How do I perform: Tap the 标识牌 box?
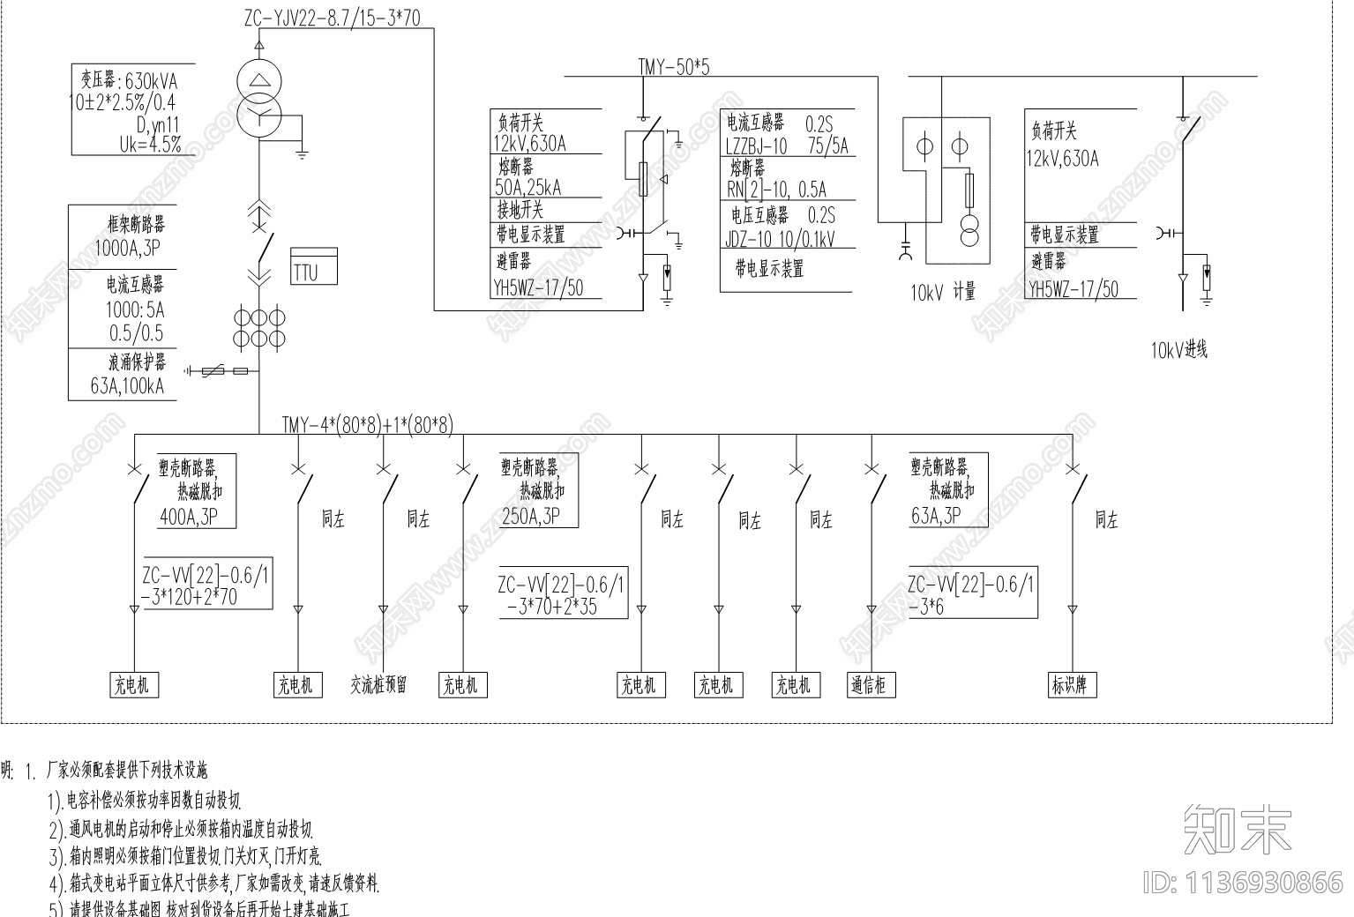(1071, 685)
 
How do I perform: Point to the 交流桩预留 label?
(379, 685)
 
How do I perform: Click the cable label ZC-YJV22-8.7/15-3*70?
(333, 18)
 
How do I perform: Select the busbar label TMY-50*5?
(674, 66)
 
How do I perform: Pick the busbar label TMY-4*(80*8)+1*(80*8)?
(367, 425)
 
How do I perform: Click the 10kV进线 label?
(1178, 349)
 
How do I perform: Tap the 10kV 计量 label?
(943, 293)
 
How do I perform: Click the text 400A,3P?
(189, 517)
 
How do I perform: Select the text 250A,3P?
(530, 517)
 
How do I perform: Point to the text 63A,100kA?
(127, 386)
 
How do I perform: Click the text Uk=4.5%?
(150, 144)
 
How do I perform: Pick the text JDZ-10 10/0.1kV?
(780, 239)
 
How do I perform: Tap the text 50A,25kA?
(528, 187)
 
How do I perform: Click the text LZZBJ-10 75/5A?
(786, 146)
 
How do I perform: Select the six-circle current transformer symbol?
(259, 327)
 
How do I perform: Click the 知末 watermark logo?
(1238, 829)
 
